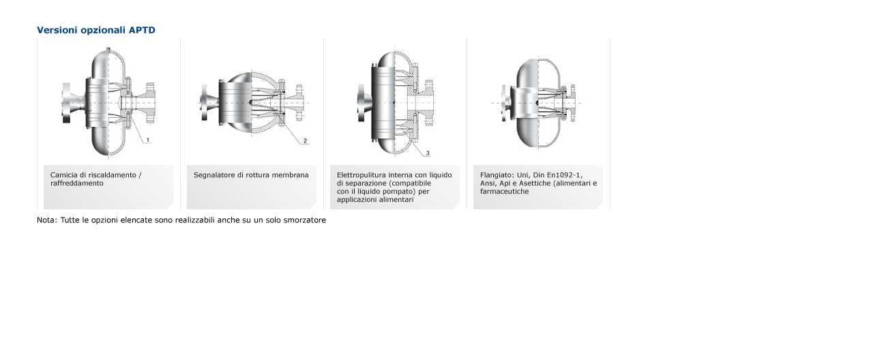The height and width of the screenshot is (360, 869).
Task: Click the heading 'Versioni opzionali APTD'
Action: [x=95, y=30]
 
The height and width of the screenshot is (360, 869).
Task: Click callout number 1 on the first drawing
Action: [x=147, y=140]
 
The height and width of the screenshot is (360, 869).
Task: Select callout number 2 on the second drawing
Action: [x=306, y=141]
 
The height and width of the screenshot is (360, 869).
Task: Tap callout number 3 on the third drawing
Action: [x=428, y=153]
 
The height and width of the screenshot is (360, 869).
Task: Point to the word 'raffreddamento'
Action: [x=77, y=183]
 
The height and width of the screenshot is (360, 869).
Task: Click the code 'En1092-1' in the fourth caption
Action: [x=564, y=175]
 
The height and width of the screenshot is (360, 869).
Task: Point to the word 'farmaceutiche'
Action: [x=504, y=191]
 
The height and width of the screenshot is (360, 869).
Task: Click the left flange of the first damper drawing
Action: [x=66, y=103]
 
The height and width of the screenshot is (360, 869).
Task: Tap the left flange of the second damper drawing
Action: [x=203, y=103]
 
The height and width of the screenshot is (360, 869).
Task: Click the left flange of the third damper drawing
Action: [x=361, y=103]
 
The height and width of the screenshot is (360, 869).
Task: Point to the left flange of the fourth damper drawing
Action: [x=503, y=103]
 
